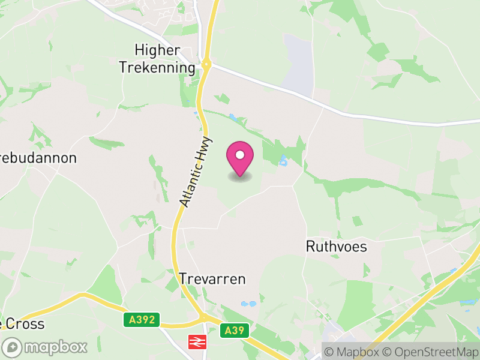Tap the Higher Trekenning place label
coord(157,59)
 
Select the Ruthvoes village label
coord(336,247)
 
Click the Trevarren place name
coord(212,279)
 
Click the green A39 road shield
coord(234,329)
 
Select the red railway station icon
coord(196,341)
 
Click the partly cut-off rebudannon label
coord(38,158)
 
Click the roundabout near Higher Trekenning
coord(206,63)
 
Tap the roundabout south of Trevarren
coord(203,317)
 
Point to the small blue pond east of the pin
coord(283,161)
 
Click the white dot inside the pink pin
coord(240,155)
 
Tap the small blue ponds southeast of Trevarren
coord(248,304)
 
